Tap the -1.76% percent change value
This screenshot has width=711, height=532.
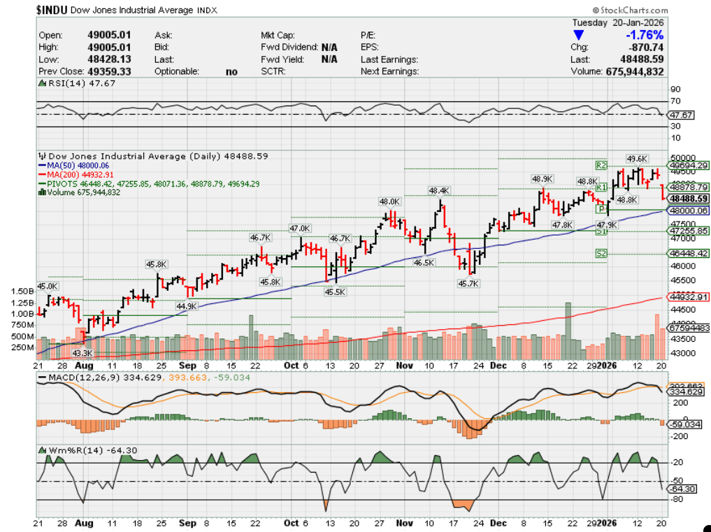pos(645,35)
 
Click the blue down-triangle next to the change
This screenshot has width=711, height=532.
pos(578,35)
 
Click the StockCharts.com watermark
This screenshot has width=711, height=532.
pos(629,10)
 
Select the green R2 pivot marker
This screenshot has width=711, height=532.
pos(601,166)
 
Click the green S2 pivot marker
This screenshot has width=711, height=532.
pos(601,253)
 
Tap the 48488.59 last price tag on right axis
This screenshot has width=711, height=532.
pos(688,199)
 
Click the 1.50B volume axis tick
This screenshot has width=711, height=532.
pos(22,291)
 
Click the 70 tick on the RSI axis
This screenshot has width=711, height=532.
pos(675,102)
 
